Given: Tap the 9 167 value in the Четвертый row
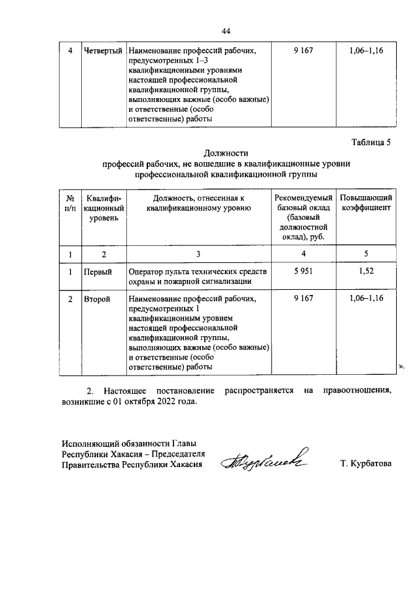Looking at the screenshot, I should click(x=302, y=50).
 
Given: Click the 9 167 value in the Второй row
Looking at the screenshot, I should click(x=302, y=298).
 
